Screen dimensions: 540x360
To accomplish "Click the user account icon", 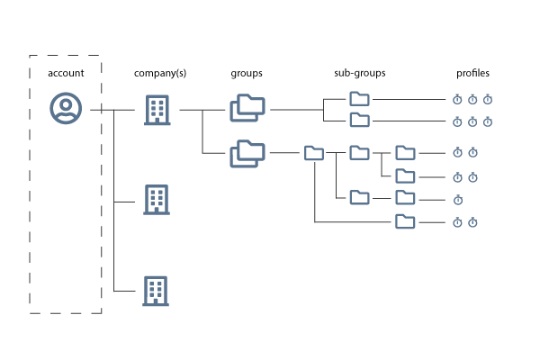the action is point(66,108).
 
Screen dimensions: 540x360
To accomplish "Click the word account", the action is point(66,73).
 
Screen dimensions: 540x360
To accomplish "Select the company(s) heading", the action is point(160,74).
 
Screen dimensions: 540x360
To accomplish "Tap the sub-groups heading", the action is point(359,74).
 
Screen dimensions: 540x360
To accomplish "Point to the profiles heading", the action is point(472,74).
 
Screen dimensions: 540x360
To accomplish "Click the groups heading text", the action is point(247,74).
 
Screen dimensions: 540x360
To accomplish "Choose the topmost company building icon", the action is point(157,110).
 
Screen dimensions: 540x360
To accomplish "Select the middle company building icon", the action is point(157,200).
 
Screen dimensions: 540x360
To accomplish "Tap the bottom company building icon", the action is point(156,291).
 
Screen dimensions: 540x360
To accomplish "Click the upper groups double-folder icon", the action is point(247,108).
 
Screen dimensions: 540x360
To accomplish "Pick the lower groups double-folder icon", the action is point(247,154).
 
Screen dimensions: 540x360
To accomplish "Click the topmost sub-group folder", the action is point(359,99).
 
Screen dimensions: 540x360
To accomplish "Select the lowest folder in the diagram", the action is point(405,221).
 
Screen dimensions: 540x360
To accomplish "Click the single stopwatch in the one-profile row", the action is point(458,200).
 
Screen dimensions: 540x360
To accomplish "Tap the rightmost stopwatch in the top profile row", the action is point(488,99).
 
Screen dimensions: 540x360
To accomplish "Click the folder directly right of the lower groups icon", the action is point(314,153).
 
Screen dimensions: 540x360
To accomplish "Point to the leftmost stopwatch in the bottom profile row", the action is point(457,222).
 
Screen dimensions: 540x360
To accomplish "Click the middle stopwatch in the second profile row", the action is point(472,121).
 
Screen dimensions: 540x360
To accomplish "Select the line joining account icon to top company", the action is point(112,110).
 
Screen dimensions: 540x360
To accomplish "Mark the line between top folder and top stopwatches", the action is point(409,99).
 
